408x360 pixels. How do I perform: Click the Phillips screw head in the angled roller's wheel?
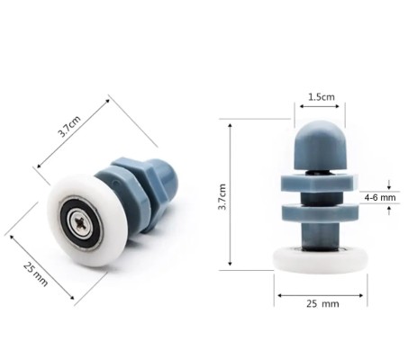click(x=78, y=220)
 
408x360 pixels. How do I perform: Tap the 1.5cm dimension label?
click(x=318, y=96)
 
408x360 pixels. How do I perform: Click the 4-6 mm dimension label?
click(x=379, y=196)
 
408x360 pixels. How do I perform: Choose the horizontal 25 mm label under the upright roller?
click(x=321, y=305)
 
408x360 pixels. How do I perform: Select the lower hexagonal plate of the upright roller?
click(x=319, y=213)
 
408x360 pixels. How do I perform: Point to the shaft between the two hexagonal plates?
click(x=319, y=199)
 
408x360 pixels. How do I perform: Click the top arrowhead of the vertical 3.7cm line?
click(x=231, y=125)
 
